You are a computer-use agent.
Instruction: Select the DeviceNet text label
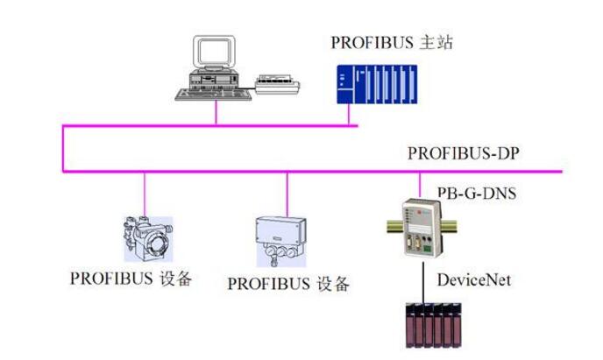(x=474, y=280)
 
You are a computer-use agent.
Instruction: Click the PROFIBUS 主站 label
(x=392, y=42)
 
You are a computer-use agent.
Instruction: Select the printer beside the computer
(x=279, y=85)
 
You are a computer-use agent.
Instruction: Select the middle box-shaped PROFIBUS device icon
(x=286, y=238)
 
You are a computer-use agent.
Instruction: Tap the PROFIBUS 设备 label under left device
(x=131, y=280)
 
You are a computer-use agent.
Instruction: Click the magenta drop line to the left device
(x=145, y=193)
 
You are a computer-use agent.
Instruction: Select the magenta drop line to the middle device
(x=287, y=193)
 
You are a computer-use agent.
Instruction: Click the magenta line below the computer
(x=216, y=114)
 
